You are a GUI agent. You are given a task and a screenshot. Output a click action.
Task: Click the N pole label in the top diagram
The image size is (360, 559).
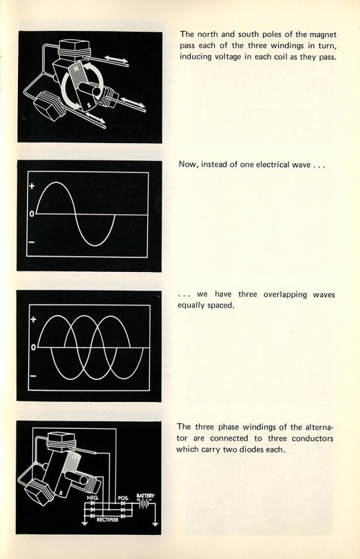coord(76,67)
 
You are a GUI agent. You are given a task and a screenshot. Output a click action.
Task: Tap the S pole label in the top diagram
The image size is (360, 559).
coord(89,105)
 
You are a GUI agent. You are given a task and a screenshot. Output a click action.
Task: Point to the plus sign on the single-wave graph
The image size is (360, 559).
coord(32,186)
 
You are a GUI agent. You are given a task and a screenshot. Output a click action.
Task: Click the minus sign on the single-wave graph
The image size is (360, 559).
coord(32,242)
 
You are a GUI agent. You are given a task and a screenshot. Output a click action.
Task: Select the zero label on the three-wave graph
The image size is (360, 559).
coord(33,347)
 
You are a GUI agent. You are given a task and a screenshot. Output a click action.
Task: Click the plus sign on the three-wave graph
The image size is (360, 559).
coord(33,319)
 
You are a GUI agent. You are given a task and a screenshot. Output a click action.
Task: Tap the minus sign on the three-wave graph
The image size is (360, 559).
coord(33,376)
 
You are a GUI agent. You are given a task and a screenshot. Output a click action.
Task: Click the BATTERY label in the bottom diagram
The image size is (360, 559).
coord(145,496)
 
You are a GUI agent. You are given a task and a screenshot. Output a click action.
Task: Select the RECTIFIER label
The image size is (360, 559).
coord(107,520)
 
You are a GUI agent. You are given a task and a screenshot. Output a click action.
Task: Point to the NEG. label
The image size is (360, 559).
coord(92,498)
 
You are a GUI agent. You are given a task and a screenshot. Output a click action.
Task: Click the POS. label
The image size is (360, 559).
coord(123,498)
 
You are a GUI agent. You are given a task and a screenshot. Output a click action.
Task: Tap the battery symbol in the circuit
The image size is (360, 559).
coord(144,504)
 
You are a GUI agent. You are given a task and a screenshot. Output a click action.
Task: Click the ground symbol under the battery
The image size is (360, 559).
coord(155,524)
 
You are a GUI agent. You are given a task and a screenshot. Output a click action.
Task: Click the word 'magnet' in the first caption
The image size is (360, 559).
coord(323,34)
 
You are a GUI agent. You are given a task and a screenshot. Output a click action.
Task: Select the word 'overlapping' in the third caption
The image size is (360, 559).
coord(285,295)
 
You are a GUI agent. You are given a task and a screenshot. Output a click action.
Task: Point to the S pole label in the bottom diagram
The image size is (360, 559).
coord(61,493)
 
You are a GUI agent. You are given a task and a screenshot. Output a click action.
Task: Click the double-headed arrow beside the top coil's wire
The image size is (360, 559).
coord(116,59)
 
